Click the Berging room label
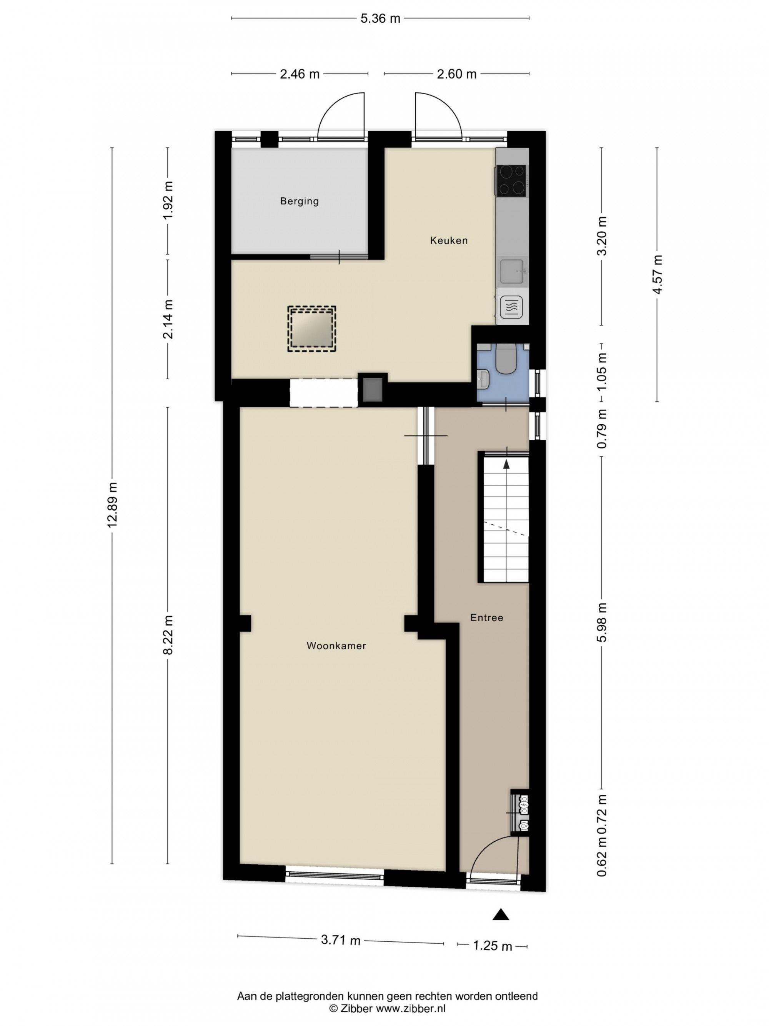(x=299, y=201)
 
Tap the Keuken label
(x=448, y=240)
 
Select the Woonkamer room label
(x=336, y=646)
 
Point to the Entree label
(x=486, y=618)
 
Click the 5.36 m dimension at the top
(x=380, y=18)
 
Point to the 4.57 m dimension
(x=657, y=274)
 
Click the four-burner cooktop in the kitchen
(x=512, y=180)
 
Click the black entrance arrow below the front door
(x=501, y=914)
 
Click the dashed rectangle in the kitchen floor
(x=311, y=329)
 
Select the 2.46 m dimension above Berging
(x=300, y=74)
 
